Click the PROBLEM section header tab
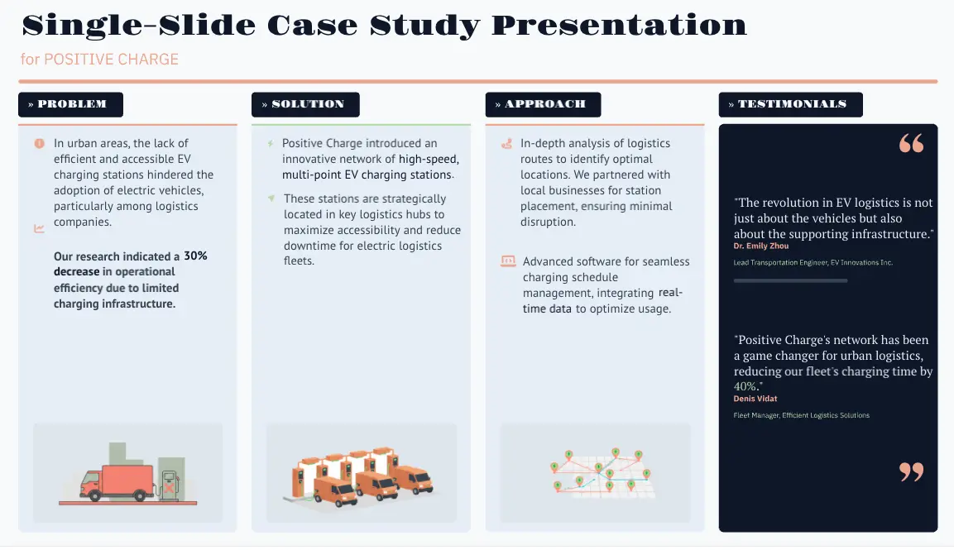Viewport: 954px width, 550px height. (x=70, y=104)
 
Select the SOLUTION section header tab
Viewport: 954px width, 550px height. (x=305, y=104)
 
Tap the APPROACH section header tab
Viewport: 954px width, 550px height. (x=543, y=104)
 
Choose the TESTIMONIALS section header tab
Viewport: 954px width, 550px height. (x=790, y=104)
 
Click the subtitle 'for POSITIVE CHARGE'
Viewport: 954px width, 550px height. (x=99, y=60)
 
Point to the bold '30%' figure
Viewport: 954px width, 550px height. (x=195, y=256)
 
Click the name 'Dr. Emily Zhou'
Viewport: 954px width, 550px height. (x=760, y=246)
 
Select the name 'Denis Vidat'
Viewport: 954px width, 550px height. (x=755, y=399)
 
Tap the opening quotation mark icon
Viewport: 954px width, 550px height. (x=911, y=144)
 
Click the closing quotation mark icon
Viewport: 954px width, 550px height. (x=911, y=472)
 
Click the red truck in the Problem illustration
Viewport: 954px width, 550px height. (x=118, y=482)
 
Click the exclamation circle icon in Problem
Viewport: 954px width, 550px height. (x=39, y=144)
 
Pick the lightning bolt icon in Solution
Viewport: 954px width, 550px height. (x=271, y=144)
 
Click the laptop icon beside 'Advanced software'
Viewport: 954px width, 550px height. (x=508, y=261)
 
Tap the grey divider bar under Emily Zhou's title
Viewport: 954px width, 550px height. (x=790, y=281)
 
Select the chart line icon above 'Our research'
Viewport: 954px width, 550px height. (x=39, y=229)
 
